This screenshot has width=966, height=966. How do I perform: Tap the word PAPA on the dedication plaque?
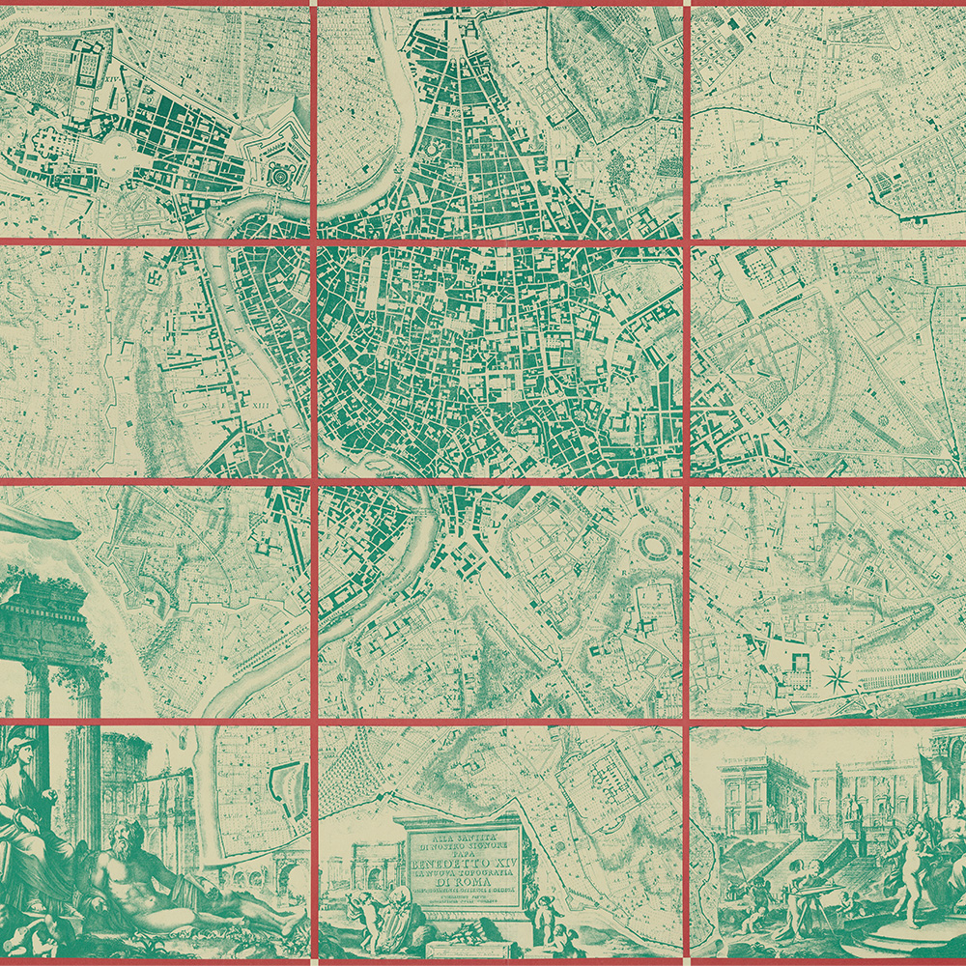coord(458,841)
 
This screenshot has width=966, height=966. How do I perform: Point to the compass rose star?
coord(838,675)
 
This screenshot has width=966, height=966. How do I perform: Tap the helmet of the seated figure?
coord(21,749)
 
